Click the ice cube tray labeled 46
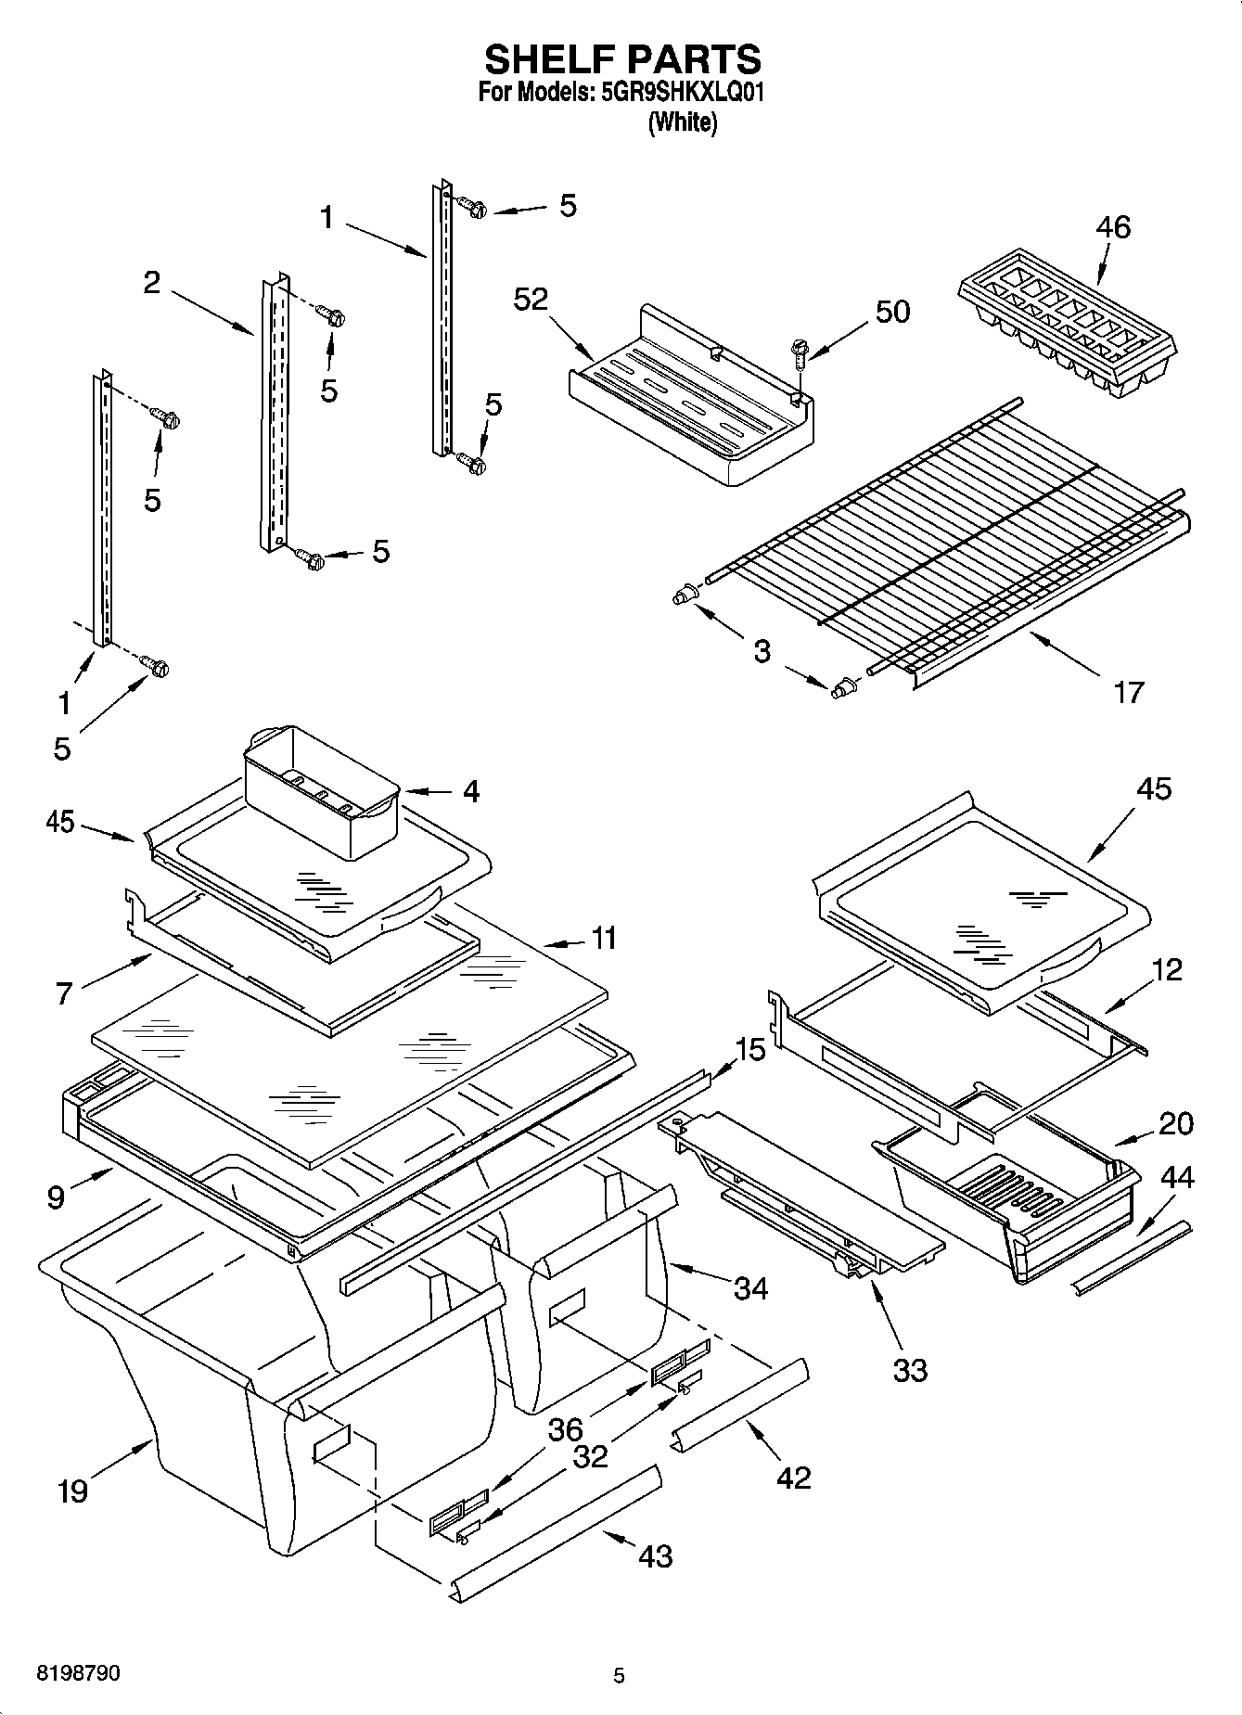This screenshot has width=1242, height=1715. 1067,325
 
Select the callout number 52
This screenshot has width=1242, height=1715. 531,300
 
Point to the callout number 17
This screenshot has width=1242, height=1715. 1128,692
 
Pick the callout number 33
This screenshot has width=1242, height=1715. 909,1369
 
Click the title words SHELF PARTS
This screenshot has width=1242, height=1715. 622,60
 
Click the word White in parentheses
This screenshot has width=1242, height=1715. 683,122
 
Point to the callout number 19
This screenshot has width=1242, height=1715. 71,1491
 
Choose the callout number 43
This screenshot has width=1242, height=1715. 655,1555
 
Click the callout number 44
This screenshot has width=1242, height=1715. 1177,1178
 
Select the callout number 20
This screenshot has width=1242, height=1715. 1176,1123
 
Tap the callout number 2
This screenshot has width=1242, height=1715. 152,283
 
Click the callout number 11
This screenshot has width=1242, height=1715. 604,939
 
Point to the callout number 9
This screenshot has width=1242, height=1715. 56,1197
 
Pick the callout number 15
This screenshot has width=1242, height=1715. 751,1050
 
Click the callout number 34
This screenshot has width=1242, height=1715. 750,1287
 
